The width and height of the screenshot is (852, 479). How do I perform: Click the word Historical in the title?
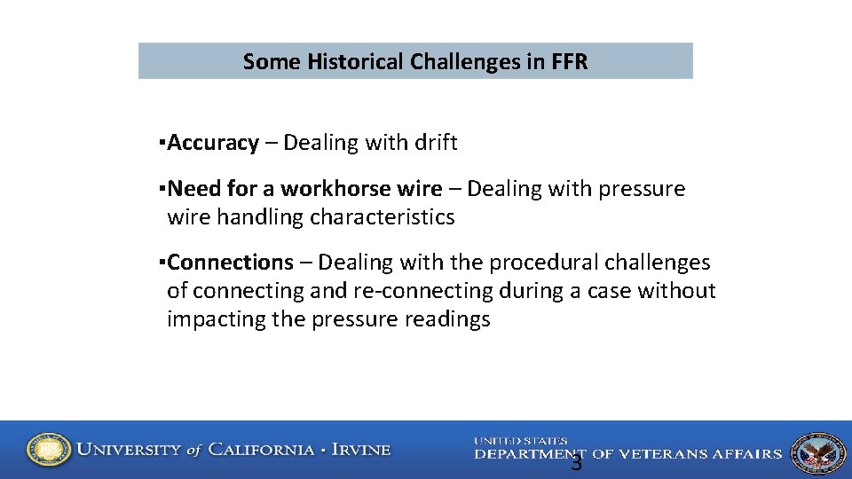(355, 62)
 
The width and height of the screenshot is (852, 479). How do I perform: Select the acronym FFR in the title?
(568, 62)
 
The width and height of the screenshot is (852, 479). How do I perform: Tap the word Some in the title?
(272, 62)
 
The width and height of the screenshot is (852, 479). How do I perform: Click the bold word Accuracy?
(213, 143)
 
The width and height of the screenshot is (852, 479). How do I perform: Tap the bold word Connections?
(230, 263)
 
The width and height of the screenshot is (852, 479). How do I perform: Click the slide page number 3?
(576, 463)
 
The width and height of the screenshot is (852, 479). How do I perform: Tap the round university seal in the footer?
(48, 450)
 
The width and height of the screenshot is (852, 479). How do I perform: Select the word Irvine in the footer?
(360, 450)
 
